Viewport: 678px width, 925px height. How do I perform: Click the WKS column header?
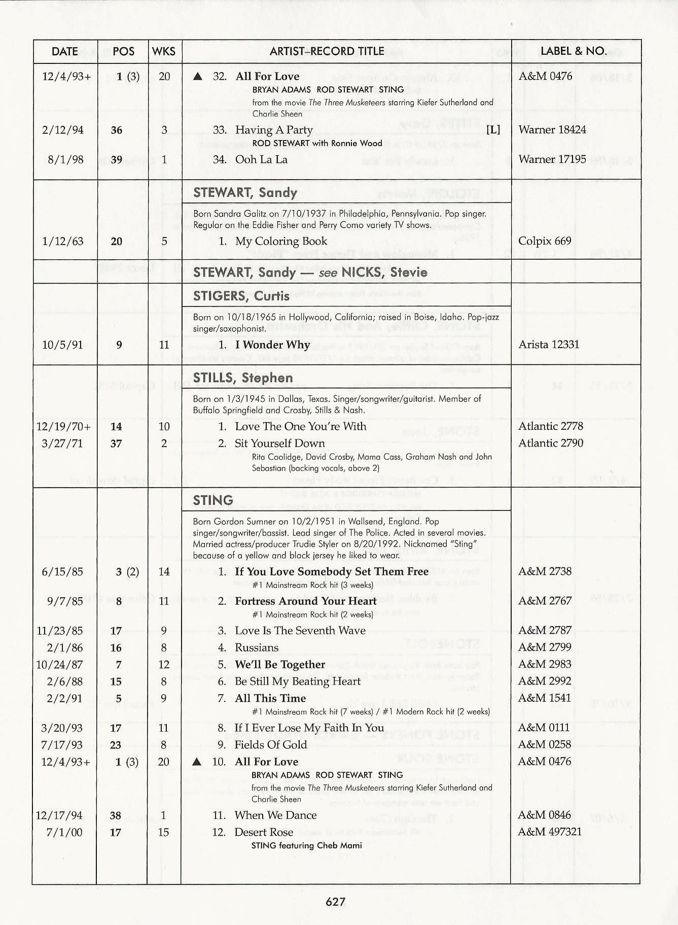(x=164, y=51)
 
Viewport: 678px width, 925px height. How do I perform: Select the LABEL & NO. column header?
(x=574, y=51)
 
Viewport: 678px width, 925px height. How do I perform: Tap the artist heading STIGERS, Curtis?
(x=241, y=296)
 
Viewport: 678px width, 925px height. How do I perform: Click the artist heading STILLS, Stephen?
(x=243, y=378)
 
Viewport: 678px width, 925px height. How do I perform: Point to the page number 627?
(x=336, y=901)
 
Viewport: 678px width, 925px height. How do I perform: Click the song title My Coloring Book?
(x=281, y=241)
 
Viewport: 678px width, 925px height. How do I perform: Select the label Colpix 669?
(x=545, y=241)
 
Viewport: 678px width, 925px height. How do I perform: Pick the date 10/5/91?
(x=62, y=345)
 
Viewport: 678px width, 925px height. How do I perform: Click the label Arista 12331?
(x=549, y=345)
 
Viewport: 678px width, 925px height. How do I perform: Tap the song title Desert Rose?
(x=264, y=832)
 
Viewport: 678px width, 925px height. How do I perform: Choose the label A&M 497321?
(x=550, y=832)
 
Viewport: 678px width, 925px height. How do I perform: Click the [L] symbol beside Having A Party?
(x=493, y=130)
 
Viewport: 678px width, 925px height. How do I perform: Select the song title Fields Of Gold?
(x=270, y=745)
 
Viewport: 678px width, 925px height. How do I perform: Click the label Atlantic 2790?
(x=550, y=443)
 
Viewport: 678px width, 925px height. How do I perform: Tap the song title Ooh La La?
(x=261, y=159)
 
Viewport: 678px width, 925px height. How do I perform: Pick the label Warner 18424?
(x=552, y=130)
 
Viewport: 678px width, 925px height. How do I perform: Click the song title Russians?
(x=257, y=647)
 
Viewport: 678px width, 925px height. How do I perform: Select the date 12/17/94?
(x=59, y=815)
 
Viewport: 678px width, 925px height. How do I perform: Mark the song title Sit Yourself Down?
(x=279, y=443)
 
